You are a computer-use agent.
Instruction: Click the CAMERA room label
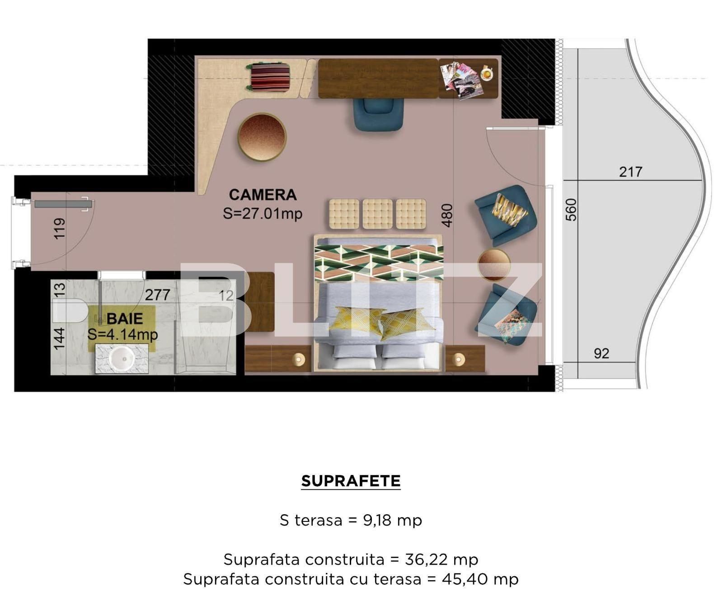263,195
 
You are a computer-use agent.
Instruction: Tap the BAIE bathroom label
125,318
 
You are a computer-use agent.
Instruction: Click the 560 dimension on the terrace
571,209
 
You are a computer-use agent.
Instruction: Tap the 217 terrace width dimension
630,172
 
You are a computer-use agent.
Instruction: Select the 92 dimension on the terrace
601,353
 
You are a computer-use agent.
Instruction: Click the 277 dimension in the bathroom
157,295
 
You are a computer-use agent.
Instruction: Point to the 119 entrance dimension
59,228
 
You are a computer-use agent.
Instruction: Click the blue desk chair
378,114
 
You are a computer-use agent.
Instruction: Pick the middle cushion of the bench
377,214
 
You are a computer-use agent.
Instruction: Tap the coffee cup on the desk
487,73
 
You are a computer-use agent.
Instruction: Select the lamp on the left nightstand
299,359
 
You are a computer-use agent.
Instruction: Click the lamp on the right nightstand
459,359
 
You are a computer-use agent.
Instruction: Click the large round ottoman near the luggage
262,137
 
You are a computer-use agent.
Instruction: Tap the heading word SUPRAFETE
351,481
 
